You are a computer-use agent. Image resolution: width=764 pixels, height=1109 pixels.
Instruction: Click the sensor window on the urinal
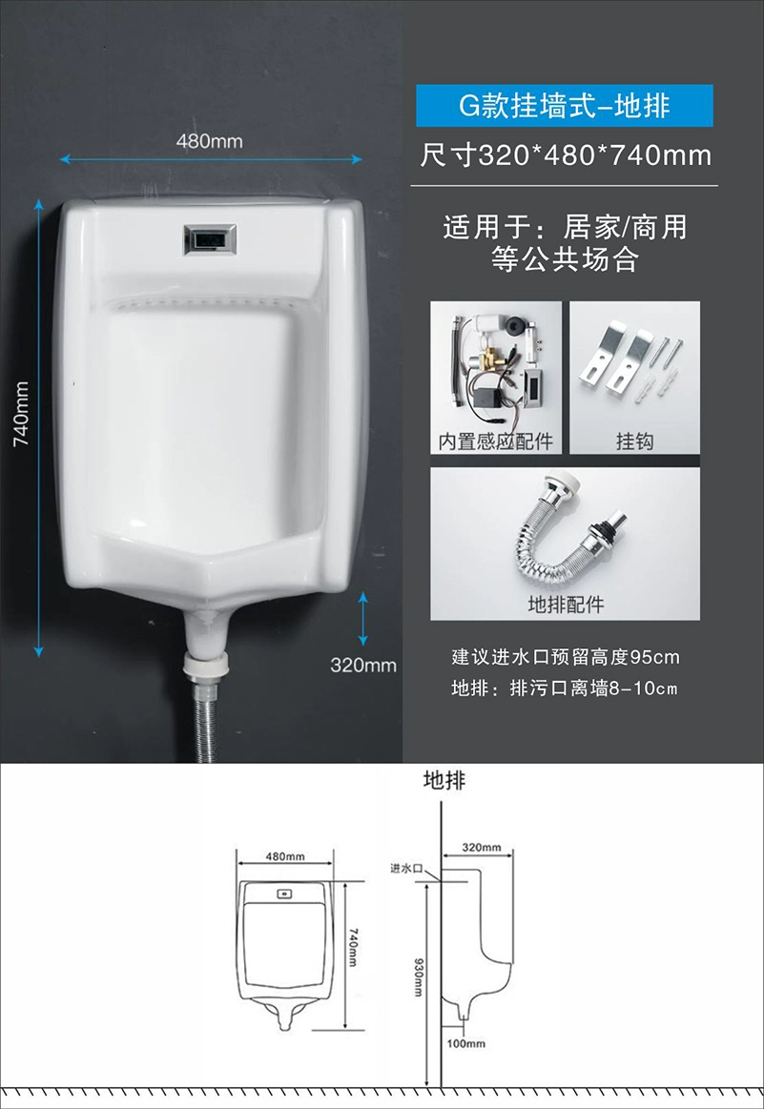(x=210, y=239)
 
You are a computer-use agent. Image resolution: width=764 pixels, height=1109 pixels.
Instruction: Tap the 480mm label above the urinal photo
(x=210, y=141)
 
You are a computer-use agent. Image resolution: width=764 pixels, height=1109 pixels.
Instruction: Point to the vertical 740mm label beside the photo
(x=22, y=414)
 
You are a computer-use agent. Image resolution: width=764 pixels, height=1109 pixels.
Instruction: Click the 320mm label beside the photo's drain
(x=362, y=666)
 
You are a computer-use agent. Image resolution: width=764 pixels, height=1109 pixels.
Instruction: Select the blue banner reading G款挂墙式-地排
(x=565, y=106)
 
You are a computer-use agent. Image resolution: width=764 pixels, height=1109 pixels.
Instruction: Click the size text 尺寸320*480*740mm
(x=566, y=155)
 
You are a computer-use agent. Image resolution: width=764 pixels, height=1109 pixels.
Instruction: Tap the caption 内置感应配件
(x=495, y=442)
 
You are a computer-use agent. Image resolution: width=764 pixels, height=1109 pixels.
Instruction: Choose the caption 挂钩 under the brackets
(x=634, y=442)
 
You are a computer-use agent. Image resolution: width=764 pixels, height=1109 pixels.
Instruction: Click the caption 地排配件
(x=566, y=605)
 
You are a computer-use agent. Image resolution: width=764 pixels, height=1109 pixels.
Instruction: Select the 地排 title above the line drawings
(x=444, y=780)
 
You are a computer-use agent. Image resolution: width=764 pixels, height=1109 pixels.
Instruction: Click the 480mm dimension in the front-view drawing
(x=285, y=856)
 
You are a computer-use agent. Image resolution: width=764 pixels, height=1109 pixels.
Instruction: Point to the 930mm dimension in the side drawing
(x=418, y=977)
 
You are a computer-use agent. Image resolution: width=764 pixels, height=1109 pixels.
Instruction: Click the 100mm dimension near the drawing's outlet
(x=466, y=1043)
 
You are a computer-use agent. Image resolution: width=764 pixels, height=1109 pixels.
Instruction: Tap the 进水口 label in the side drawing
(x=406, y=869)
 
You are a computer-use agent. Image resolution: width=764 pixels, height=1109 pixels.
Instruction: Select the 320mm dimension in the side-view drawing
(x=481, y=848)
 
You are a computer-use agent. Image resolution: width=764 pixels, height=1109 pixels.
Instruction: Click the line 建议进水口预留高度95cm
(x=566, y=657)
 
